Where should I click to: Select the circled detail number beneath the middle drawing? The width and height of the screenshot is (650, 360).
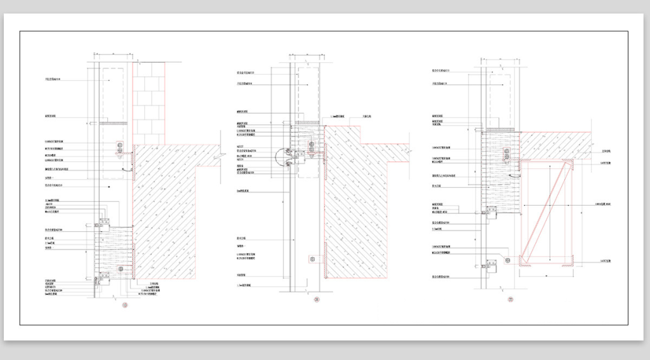315,300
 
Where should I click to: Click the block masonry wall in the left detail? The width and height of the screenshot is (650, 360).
149,102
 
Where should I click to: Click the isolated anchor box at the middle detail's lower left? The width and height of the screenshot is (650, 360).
312,259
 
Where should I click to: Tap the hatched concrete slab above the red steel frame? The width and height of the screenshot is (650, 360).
559,143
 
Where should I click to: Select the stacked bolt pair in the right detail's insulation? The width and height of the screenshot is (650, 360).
506,155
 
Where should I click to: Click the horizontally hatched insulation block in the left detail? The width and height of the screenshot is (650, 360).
114,251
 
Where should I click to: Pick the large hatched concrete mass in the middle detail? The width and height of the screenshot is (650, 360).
355,210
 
